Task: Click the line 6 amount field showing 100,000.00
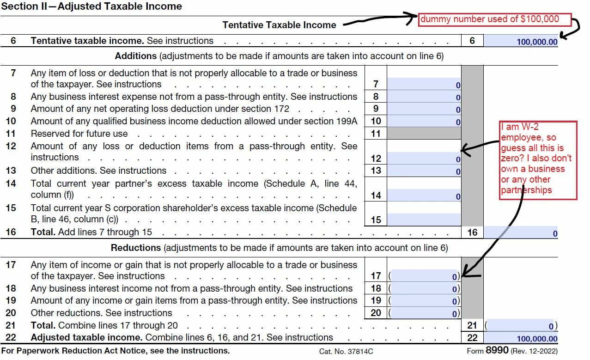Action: (521, 41)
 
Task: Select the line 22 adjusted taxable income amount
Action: (521, 338)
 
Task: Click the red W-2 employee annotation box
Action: (538, 160)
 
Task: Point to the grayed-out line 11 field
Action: (424, 134)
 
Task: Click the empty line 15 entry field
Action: (424, 220)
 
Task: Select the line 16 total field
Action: (521, 233)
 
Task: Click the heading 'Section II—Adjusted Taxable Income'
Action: (91, 6)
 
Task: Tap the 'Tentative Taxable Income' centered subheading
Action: (279, 25)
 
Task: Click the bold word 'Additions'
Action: (136, 56)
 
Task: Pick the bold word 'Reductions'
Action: (135, 248)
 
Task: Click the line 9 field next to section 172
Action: (424, 109)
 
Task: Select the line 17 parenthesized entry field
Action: (424, 276)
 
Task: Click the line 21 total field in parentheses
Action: (521, 325)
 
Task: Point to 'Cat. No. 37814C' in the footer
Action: (346, 351)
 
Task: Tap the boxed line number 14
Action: (376, 195)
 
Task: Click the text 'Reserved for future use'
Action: (79, 134)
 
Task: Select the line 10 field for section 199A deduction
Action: (424, 122)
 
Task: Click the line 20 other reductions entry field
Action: (424, 313)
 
